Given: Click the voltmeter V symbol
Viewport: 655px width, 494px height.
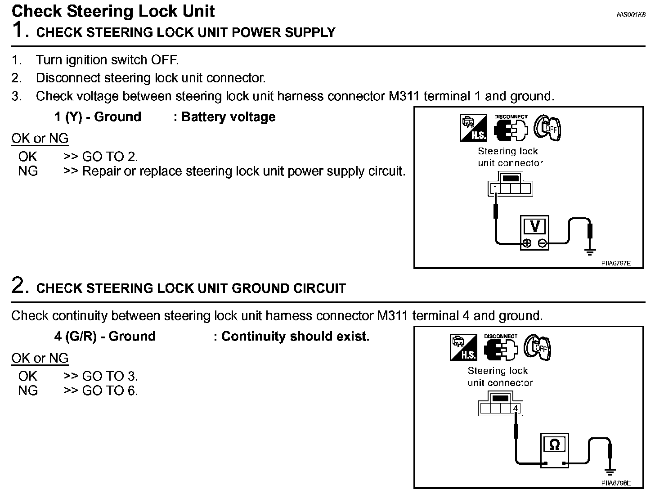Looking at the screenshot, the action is click(x=535, y=226).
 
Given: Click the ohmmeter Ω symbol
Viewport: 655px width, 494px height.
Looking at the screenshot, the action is click(x=554, y=445).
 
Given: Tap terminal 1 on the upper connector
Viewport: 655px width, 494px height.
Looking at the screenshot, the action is click(x=495, y=188).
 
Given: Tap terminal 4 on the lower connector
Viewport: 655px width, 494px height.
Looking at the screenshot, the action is click(x=516, y=409).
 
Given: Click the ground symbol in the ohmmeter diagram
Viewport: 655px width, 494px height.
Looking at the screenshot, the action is click(x=610, y=471).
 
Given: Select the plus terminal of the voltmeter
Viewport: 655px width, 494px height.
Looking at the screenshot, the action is click(x=526, y=243).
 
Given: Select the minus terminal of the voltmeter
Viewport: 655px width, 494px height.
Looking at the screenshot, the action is click(x=543, y=243).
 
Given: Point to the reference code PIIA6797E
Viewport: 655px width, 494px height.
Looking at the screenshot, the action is click(x=616, y=263).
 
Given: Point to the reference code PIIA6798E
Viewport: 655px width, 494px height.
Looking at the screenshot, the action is click(x=616, y=483).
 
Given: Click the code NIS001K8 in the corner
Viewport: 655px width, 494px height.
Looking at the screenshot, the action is click(x=631, y=14).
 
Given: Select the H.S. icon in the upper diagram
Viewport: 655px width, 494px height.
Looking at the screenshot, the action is click(x=473, y=128).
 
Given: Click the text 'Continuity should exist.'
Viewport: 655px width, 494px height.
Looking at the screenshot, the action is click(x=295, y=337).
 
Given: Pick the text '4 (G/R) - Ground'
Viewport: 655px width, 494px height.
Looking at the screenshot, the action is click(x=105, y=337).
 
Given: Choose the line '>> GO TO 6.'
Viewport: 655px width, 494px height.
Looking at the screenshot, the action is click(x=100, y=391).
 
